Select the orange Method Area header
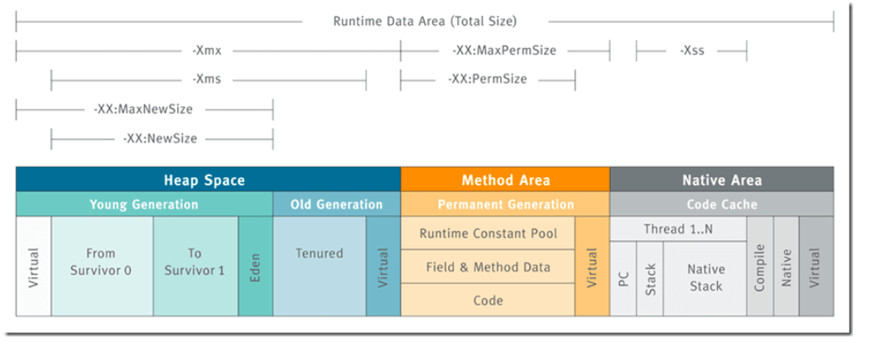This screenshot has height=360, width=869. point(506,180)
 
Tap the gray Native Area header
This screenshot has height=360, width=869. point(721,180)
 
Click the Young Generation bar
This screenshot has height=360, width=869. point(144,204)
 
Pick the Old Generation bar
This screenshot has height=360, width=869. point(336,204)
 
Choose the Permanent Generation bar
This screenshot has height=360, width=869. point(506,204)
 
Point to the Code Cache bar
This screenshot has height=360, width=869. point(721,204)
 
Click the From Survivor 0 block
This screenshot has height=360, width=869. point(102,266)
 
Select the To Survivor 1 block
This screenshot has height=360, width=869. point(195,266)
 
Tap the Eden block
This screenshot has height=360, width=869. point(256,266)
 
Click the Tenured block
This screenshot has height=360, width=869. point(320,266)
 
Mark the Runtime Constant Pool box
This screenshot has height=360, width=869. point(487,233)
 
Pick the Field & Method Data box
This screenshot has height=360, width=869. point(487,266)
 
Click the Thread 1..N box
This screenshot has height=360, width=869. point(679,228)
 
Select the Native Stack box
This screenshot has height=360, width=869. point(705,279)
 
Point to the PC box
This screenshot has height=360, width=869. point(623,279)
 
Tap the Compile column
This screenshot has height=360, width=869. point(760,266)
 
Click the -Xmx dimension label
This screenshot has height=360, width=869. point(206,50)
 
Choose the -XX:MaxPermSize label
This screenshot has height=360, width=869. point(504,50)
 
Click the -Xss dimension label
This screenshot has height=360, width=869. point(692,50)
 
